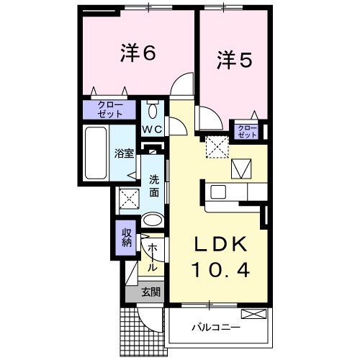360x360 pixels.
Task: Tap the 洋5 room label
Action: [x=233, y=61]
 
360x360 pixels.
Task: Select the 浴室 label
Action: [x=125, y=153]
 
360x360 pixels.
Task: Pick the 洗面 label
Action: [x=154, y=186]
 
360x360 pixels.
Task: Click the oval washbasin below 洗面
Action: [x=152, y=220]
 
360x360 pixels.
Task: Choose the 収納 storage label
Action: [x=126, y=237]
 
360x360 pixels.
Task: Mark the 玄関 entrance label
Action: [x=150, y=292]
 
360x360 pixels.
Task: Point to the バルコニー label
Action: [x=215, y=327]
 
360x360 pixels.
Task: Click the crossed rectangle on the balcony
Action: [x=254, y=314]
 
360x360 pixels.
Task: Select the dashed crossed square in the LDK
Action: [x=216, y=147]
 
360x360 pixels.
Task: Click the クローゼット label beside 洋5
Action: [x=247, y=131]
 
